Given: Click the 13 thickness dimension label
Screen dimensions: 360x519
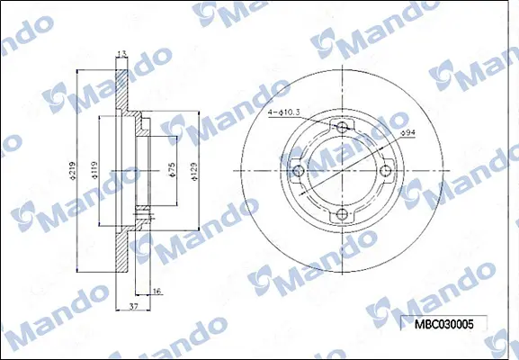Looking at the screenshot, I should [121, 54].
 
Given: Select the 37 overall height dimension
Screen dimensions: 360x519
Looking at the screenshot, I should [133, 307].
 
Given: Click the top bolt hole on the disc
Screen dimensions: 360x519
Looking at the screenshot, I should [342, 128].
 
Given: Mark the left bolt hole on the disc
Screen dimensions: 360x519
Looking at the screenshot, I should [299, 171].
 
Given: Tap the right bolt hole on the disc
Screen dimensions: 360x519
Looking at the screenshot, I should [385, 171].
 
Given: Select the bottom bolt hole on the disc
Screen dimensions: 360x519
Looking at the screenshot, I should [342, 214].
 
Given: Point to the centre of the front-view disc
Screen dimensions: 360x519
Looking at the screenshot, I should [342, 171].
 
